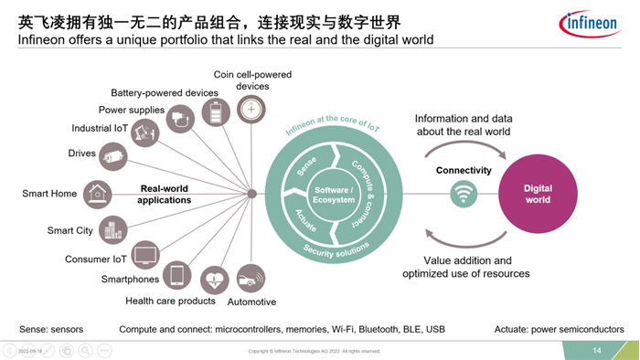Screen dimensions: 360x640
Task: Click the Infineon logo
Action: click(x=595, y=22)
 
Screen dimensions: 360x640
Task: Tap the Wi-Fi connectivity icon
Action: click(x=464, y=193)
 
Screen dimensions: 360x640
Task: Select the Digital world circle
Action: click(x=538, y=194)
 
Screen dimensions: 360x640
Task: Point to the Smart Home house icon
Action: click(x=95, y=194)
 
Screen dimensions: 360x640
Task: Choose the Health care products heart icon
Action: click(x=214, y=279)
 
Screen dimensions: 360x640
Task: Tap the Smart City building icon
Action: click(x=112, y=230)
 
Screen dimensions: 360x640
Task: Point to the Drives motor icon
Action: click(x=113, y=157)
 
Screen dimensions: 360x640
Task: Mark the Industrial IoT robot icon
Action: click(x=142, y=132)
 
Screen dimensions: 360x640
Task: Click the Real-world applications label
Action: click(x=165, y=194)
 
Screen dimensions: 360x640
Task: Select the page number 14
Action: click(x=597, y=351)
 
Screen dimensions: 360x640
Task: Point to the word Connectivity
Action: click(x=464, y=170)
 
